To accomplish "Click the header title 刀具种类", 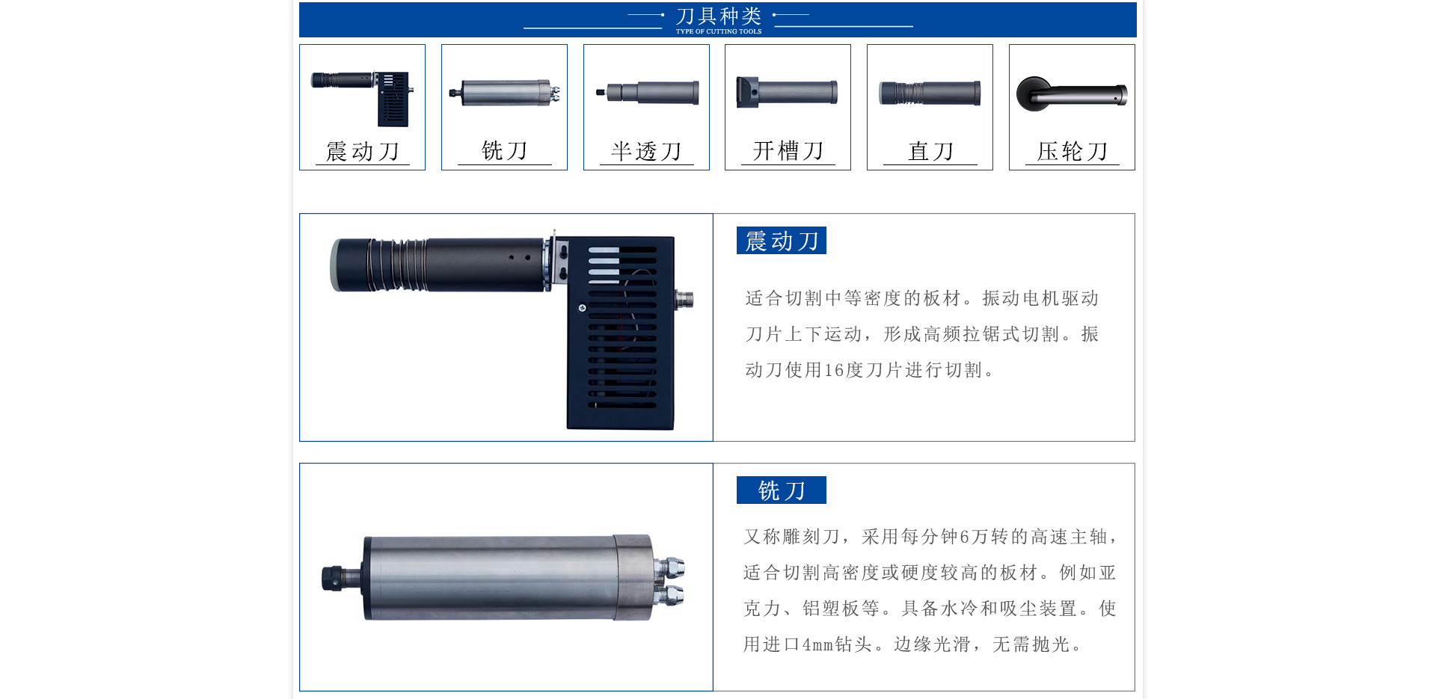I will click(718, 16).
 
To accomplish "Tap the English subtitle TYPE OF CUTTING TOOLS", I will click(718, 31).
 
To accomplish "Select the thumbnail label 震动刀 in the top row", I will click(363, 152).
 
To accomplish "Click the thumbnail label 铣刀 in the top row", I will click(504, 151).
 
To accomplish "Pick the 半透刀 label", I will click(646, 152).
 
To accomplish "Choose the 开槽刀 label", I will click(788, 151).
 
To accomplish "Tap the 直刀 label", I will click(930, 152).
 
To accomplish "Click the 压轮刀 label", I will click(1072, 152).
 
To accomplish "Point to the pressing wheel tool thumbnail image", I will click(1071, 94).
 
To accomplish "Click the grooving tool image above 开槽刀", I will click(787, 93).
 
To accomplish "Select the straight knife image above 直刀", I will click(930, 93).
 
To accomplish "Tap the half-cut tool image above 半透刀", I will click(648, 93).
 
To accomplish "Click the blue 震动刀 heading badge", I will click(781, 241).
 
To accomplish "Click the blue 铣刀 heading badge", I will click(781, 490).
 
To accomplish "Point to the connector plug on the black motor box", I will click(684, 300).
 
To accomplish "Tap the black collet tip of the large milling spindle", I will click(332, 579).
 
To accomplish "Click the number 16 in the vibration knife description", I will click(834, 371).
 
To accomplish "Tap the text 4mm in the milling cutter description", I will click(817, 645).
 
